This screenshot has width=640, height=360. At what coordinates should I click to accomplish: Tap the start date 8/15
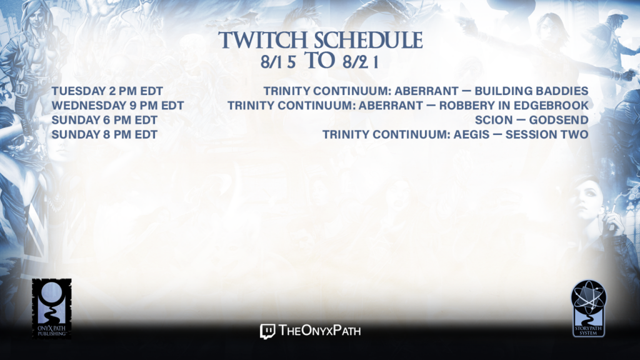point(278,62)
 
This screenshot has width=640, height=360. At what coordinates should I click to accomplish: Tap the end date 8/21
point(361,62)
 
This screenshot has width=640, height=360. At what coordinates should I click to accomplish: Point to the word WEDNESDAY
point(89,106)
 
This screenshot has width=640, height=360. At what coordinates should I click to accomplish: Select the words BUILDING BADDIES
point(531,91)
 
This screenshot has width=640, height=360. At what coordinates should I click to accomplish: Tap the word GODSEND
point(559,120)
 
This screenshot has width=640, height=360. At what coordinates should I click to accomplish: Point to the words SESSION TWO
point(547,135)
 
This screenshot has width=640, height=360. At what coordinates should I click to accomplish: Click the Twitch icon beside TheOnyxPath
point(267,331)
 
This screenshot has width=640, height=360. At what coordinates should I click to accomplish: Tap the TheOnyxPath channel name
point(319,331)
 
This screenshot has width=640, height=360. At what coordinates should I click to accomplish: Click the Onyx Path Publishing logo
point(52,309)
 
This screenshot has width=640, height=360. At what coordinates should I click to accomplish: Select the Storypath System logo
point(589,309)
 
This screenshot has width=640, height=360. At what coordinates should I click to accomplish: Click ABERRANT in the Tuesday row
point(426,91)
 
